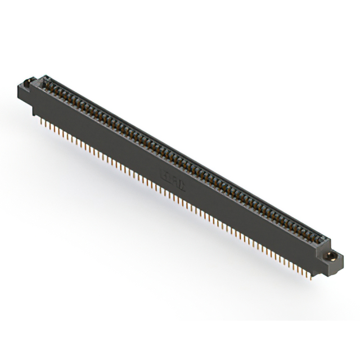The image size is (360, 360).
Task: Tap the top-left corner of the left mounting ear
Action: click(18, 84)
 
